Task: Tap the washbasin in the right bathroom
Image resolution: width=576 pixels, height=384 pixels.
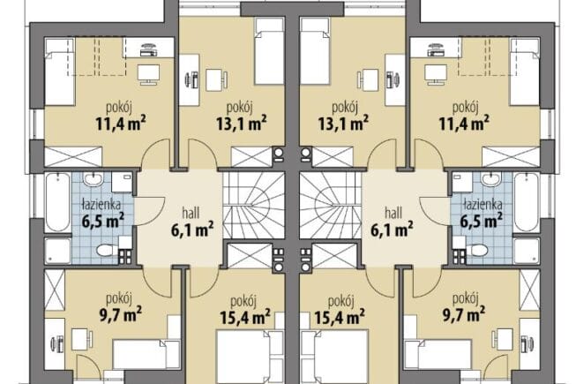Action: point(491,180)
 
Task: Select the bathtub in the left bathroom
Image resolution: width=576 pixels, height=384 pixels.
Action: point(57,202)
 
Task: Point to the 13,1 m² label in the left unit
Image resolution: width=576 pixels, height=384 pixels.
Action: point(241,124)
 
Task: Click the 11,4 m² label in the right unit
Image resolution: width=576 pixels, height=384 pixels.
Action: point(464,124)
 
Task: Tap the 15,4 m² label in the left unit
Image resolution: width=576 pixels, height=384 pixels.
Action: point(245,317)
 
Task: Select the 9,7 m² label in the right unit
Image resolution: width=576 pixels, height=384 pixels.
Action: point(464,315)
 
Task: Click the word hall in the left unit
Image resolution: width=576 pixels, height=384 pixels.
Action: point(191,213)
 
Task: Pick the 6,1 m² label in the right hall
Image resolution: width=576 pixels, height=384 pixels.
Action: point(392,230)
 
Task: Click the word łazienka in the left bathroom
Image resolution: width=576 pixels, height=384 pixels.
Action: point(101,204)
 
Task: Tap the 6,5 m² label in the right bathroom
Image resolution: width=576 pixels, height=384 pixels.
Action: point(482,222)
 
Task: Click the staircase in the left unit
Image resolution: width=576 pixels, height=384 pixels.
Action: point(253,206)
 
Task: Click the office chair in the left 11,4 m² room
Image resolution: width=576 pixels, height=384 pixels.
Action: point(149,50)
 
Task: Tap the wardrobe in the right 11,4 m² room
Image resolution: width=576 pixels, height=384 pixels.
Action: point(511,156)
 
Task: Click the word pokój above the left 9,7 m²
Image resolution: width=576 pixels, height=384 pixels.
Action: point(119,298)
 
